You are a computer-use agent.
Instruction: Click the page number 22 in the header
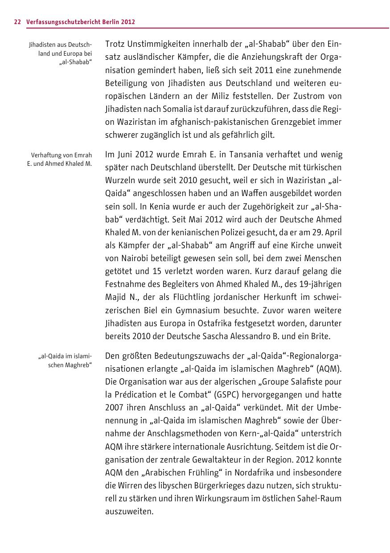point(17,21)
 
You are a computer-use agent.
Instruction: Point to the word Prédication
point(136,395)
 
